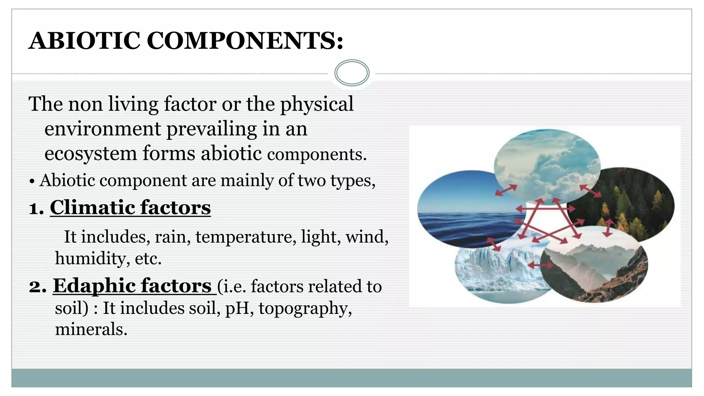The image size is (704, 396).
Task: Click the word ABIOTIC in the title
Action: [84, 41]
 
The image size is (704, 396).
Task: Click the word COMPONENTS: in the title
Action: [245, 41]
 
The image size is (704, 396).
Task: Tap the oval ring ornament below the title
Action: [352, 73]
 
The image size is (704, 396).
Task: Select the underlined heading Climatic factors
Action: [130, 208]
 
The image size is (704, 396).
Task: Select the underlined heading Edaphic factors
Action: [133, 286]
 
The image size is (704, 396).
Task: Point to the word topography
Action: [305, 308]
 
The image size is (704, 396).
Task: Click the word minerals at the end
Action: [91, 329]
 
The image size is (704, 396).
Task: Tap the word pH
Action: [239, 308]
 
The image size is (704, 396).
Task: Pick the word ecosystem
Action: [91, 153]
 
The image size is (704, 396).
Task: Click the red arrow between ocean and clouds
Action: [506, 190]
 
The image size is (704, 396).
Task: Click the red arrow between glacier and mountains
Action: [540, 265]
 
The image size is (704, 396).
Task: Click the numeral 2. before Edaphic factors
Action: [37, 286]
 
